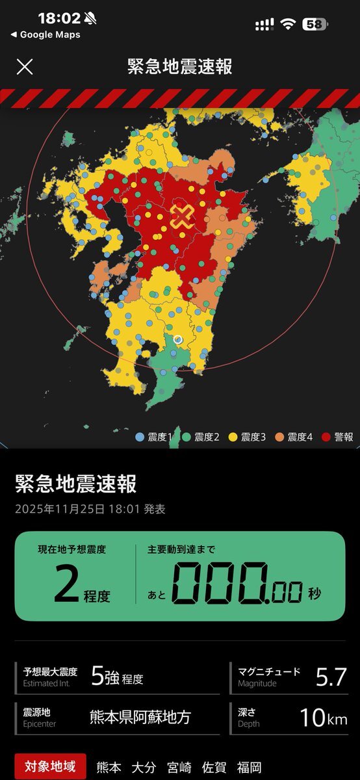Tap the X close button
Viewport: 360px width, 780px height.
point(25,66)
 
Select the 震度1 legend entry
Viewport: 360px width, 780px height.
point(153,437)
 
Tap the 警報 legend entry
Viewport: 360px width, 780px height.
point(339,437)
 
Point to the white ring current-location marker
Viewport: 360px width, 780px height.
point(178,339)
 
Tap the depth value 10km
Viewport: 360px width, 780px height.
point(323,717)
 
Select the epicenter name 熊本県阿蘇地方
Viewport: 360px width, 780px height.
point(140,718)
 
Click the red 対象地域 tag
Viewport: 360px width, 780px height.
point(49,767)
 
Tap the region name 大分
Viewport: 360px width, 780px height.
point(144,768)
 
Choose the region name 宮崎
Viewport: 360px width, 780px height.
point(180,768)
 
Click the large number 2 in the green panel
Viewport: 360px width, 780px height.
point(66,583)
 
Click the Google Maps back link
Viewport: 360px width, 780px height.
point(45,35)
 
